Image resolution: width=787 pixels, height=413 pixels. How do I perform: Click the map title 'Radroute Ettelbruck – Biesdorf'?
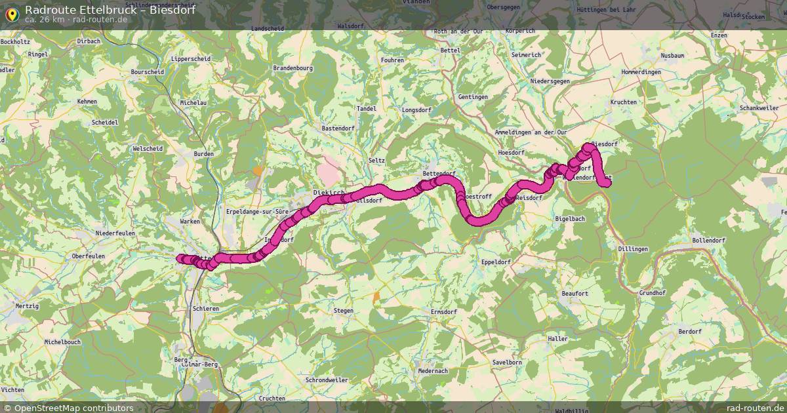click(110, 9)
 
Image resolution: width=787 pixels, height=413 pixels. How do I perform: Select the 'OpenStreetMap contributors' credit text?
click(73, 408)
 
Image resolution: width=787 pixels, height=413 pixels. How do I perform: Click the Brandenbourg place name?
click(293, 68)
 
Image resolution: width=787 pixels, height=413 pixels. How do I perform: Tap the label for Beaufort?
click(575, 294)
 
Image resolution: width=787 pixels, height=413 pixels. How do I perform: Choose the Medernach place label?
click(433, 370)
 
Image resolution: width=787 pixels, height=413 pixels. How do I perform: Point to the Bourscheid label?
click(147, 71)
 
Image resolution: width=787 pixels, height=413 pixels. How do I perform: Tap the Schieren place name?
click(206, 307)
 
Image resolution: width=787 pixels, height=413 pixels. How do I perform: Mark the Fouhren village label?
click(392, 60)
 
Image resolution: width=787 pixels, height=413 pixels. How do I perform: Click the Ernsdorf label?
click(443, 311)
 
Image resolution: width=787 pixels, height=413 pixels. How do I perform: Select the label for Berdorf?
click(690, 332)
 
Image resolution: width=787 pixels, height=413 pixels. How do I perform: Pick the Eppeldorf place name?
click(496, 262)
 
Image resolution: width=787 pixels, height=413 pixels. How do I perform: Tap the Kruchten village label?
click(623, 102)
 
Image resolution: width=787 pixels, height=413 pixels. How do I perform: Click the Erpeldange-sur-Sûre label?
click(257, 212)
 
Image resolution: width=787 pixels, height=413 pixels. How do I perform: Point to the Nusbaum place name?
click(673, 56)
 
